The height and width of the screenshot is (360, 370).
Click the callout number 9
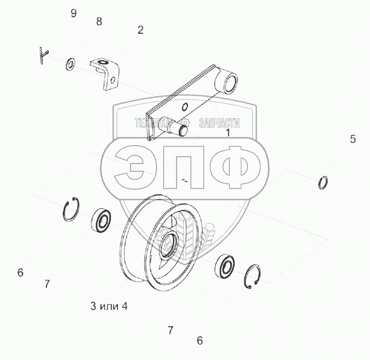[x=74, y=13]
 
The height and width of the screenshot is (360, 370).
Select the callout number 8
[x=99, y=21]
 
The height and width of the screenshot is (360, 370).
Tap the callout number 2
[x=140, y=30]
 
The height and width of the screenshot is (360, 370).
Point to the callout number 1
[x=228, y=133]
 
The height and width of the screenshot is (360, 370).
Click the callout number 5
[x=353, y=139]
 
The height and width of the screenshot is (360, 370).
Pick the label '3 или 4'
[x=109, y=306]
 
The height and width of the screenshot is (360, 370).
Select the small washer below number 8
[x=70, y=64]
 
